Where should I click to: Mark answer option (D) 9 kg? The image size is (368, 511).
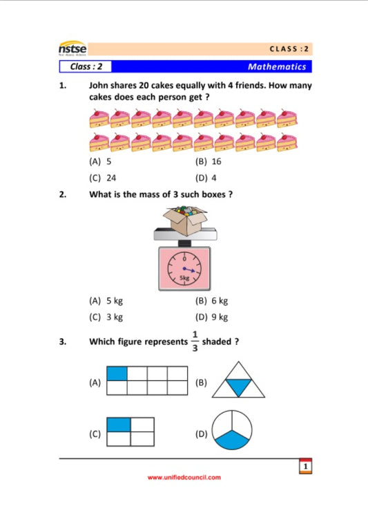point(212,317)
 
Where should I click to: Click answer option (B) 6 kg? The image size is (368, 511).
point(212,301)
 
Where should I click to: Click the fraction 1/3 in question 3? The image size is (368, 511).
point(195,342)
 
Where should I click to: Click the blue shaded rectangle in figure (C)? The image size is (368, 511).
point(119,425)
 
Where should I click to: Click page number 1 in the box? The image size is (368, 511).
point(305,467)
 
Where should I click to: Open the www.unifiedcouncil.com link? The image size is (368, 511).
point(184,477)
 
